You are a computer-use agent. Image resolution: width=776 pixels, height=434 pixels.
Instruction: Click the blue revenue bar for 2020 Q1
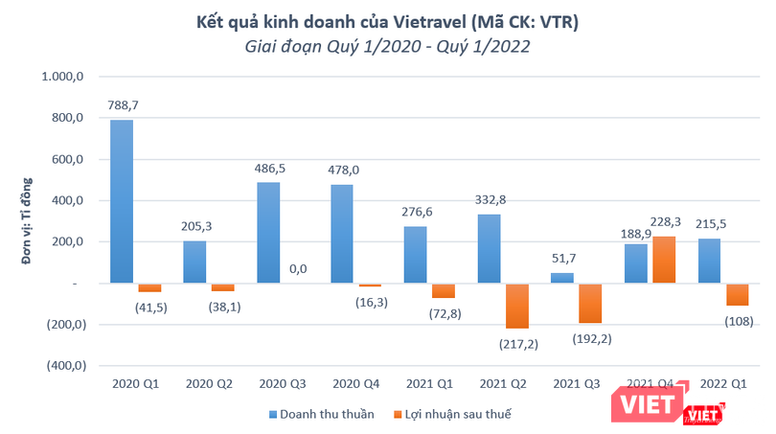pos(122,201)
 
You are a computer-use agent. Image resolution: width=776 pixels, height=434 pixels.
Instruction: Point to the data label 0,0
pos(297,269)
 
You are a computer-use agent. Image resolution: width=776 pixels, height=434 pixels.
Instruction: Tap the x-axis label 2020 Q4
pos(352,383)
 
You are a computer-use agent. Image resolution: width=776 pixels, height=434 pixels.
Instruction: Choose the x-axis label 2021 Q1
pos(425,383)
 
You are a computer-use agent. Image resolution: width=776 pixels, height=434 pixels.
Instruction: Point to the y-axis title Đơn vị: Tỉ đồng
pos(29,220)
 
